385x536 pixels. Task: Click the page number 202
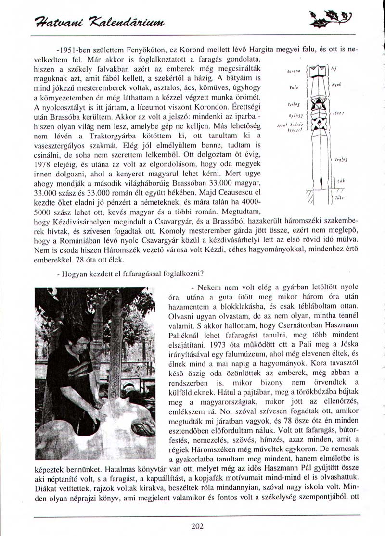[x=197, y=526]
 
